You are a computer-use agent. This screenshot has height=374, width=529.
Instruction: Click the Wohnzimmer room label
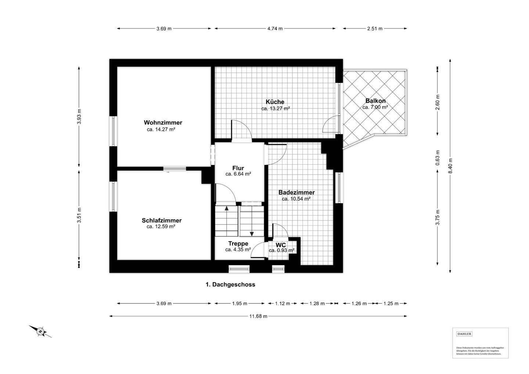tap(163, 123)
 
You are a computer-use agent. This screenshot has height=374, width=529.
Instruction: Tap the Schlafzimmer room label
tap(162, 220)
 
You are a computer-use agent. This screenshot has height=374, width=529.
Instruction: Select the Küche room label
tap(275, 102)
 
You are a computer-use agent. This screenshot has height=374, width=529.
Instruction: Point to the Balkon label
tap(375, 101)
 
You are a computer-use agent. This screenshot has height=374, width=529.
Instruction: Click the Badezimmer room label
tap(296, 193)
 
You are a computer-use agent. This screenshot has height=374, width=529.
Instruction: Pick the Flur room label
tap(238, 168)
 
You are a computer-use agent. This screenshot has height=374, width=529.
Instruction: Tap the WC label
tap(281, 245)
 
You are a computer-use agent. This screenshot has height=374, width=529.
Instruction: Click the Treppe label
tap(238, 244)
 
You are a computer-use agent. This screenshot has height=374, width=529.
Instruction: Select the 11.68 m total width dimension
tap(258, 316)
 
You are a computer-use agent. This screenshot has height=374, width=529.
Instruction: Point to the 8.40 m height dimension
tap(450, 166)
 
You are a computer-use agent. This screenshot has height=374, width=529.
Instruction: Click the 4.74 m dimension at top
tap(275, 29)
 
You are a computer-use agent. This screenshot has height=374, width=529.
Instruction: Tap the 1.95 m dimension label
tap(240, 303)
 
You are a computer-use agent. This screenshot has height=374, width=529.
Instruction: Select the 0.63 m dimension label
tap(438, 158)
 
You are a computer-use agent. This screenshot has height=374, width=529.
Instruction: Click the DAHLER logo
tap(464, 334)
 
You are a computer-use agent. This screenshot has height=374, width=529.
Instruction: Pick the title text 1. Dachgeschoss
tap(230, 284)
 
